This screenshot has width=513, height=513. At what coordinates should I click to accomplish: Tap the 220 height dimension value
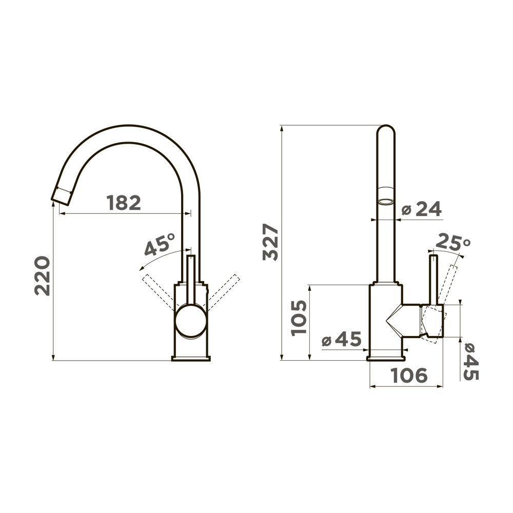tap(43, 276)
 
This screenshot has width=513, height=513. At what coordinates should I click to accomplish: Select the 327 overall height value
tap(270, 242)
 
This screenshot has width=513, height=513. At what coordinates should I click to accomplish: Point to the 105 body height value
tap(299, 318)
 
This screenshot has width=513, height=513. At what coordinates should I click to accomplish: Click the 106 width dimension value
tap(409, 376)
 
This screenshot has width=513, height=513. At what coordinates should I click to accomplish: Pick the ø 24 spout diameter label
tap(421, 209)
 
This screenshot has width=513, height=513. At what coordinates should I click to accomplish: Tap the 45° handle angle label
tap(160, 244)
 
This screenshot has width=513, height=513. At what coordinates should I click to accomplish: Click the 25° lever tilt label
tap(453, 242)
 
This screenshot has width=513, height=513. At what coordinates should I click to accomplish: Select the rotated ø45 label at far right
tap(471, 362)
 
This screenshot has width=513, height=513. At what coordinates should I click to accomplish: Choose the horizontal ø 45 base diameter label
tap(342, 339)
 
